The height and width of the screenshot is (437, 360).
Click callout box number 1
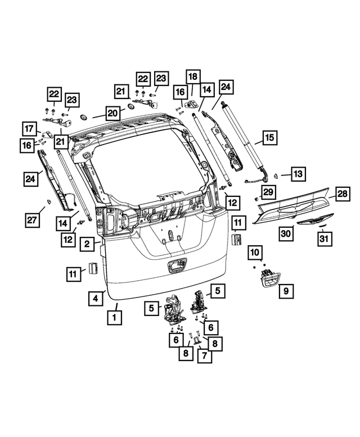coord(114,317)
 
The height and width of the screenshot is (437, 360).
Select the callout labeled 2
coord(86,244)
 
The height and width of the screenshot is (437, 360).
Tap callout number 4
coord(96,298)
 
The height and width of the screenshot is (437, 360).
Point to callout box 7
coord(205,356)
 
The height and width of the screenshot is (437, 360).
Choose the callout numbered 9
coord(285,291)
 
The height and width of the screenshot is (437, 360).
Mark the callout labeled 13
coord(298,174)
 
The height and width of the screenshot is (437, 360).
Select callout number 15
coord(269,137)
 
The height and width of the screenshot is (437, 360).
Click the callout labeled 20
coord(112,113)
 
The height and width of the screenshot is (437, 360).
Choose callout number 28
coord(343,195)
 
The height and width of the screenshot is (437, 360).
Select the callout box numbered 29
coord(268,192)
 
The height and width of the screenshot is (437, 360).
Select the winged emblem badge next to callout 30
coord(314,219)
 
